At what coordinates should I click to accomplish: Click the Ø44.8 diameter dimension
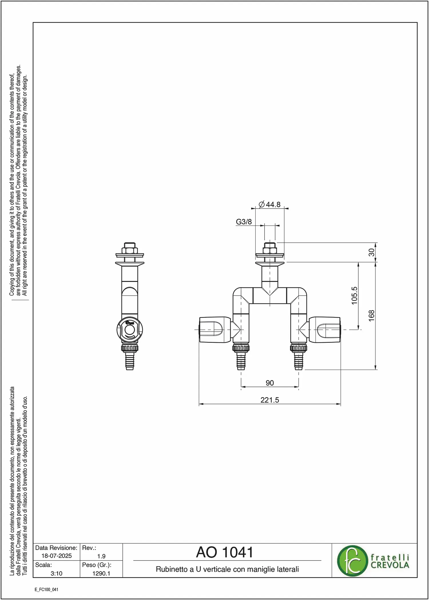[x=269, y=205]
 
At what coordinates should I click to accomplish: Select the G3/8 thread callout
[x=244, y=222]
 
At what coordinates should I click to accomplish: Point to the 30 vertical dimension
[x=371, y=252]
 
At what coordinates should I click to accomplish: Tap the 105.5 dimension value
[x=354, y=296]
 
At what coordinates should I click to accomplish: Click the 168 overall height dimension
[x=371, y=316]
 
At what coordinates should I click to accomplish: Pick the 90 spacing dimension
[x=270, y=383]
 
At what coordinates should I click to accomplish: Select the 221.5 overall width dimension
[x=270, y=400]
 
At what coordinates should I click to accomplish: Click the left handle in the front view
[x=215, y=330]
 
